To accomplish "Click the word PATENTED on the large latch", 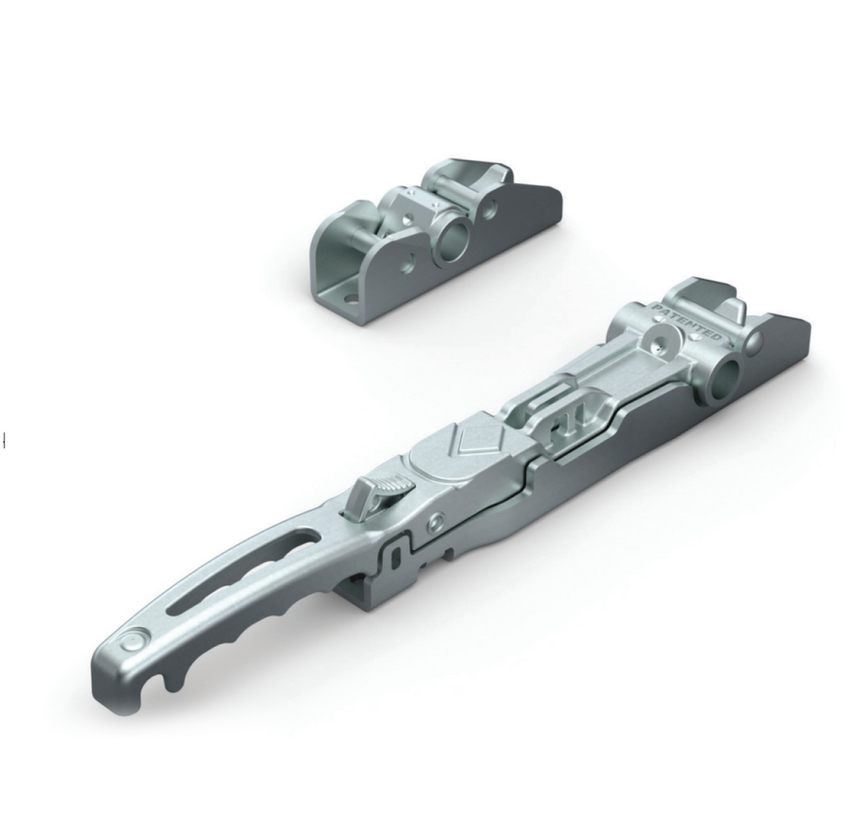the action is [x=687, y=322].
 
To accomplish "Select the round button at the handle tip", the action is [x=134, y=642].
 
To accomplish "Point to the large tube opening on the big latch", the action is [x=724, y=380].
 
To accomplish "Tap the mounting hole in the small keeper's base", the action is [x=349, y=300].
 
